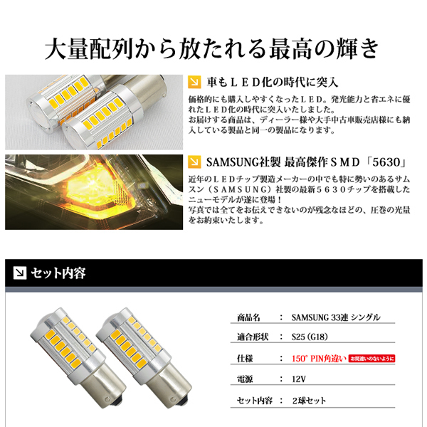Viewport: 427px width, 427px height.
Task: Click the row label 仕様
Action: [248, 359]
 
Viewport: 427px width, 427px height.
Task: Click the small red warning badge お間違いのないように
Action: [371, 359]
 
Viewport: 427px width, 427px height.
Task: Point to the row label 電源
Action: [248, 380]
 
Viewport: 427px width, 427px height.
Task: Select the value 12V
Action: [300, 380]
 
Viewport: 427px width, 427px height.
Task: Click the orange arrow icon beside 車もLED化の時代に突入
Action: [194, 82]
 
